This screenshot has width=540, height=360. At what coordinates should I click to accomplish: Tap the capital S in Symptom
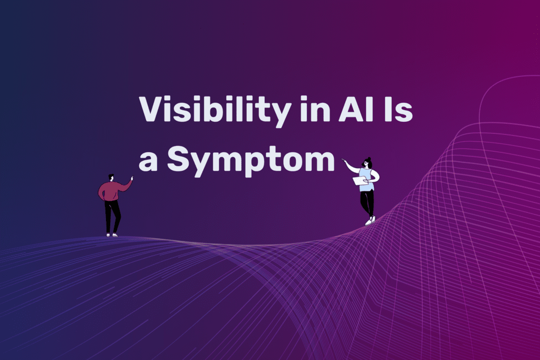click(x=179, y=158)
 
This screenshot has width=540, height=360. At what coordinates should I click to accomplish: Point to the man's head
click(x=111, y=177)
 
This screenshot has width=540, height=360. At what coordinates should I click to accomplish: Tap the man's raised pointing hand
click(x=131, y=178)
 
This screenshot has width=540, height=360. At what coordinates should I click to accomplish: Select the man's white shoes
click(x=112, y=235)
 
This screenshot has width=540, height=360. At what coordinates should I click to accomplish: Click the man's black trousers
click(x=112, y=217)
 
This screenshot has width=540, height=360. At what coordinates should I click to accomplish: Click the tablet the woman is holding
click(x=361, y=181)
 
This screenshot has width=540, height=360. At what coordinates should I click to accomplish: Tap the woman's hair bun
click(x=369, y=159)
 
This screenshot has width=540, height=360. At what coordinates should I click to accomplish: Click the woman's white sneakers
click(x=370, y=221)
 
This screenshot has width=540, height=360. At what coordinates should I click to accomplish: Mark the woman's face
click(x=366, y=164)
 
